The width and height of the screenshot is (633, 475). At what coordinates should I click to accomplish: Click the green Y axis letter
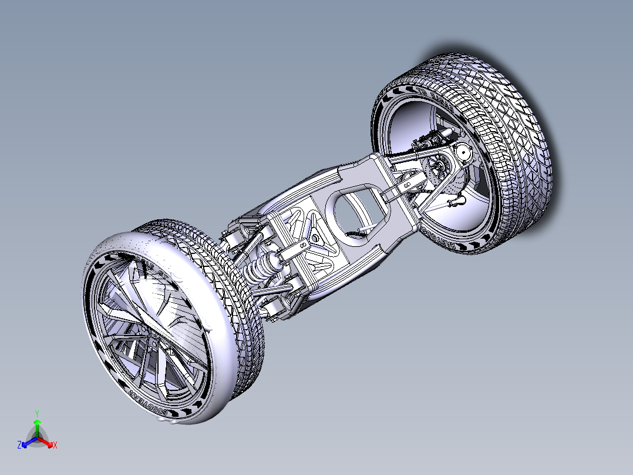click(36, 413)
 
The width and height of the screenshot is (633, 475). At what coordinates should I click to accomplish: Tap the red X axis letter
click(55, 445)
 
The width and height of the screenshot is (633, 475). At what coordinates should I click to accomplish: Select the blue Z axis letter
click(19, 445)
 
